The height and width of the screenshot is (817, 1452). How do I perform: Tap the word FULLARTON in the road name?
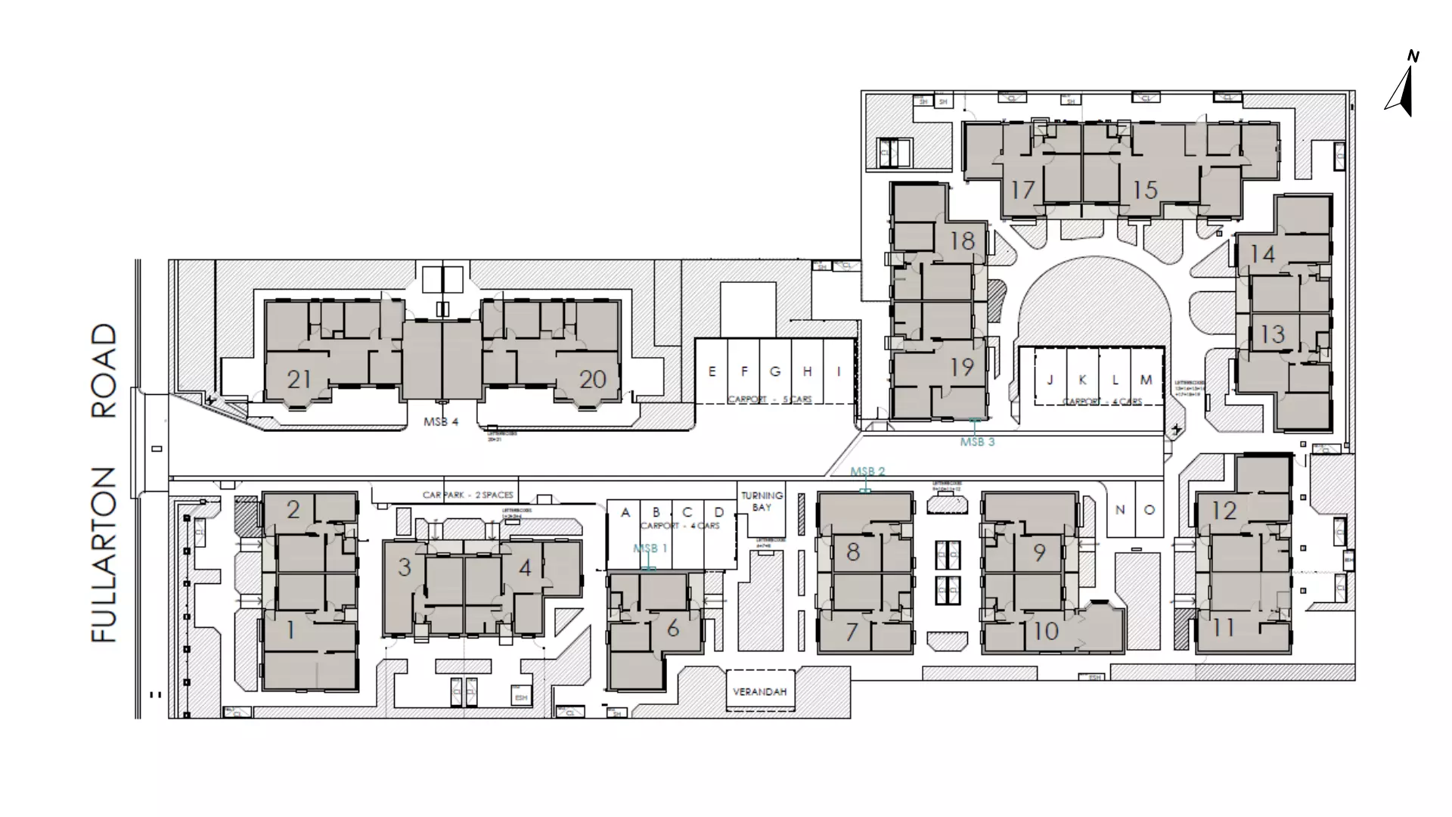104,555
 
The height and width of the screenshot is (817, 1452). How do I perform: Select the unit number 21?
299,379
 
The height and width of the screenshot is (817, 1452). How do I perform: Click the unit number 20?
592,379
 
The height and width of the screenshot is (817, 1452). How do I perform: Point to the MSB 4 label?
441,422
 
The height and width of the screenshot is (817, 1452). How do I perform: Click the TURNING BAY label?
762,501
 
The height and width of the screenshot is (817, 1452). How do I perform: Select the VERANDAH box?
759,691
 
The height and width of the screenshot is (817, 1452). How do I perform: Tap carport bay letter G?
775,371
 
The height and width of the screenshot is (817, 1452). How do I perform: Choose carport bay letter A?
625,513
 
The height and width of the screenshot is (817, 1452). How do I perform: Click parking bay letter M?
1146,380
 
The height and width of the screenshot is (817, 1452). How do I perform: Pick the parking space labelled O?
1149,510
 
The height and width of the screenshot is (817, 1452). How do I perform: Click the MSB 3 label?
977,442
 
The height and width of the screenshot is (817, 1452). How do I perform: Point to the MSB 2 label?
867,471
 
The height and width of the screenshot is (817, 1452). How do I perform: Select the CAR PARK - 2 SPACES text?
467,495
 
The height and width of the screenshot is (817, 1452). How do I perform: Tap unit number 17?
1022,190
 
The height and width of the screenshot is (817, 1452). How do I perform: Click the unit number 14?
1262,254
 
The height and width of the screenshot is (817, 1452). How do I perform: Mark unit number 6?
672,628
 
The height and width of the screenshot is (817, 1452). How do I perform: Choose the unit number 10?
1046,631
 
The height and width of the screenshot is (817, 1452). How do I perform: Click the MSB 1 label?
650,548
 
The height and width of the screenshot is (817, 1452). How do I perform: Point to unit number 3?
404,567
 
